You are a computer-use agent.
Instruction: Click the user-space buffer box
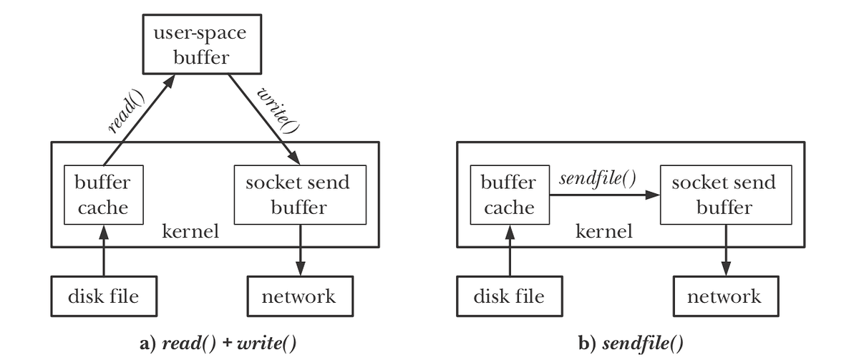(x=195, y=45)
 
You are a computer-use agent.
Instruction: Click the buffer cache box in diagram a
(x=103, y=195)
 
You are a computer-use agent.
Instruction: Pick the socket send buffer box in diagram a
(x=297, y=195)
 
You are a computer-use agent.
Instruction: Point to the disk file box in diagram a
(x=103, y=296)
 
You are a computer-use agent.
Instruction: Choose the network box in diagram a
(x=299, y=296)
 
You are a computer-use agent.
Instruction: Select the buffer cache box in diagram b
(x=509, y=195)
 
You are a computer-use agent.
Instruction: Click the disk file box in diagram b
(x=510, y=296)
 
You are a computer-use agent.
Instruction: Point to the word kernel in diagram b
(x=604, y=232)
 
